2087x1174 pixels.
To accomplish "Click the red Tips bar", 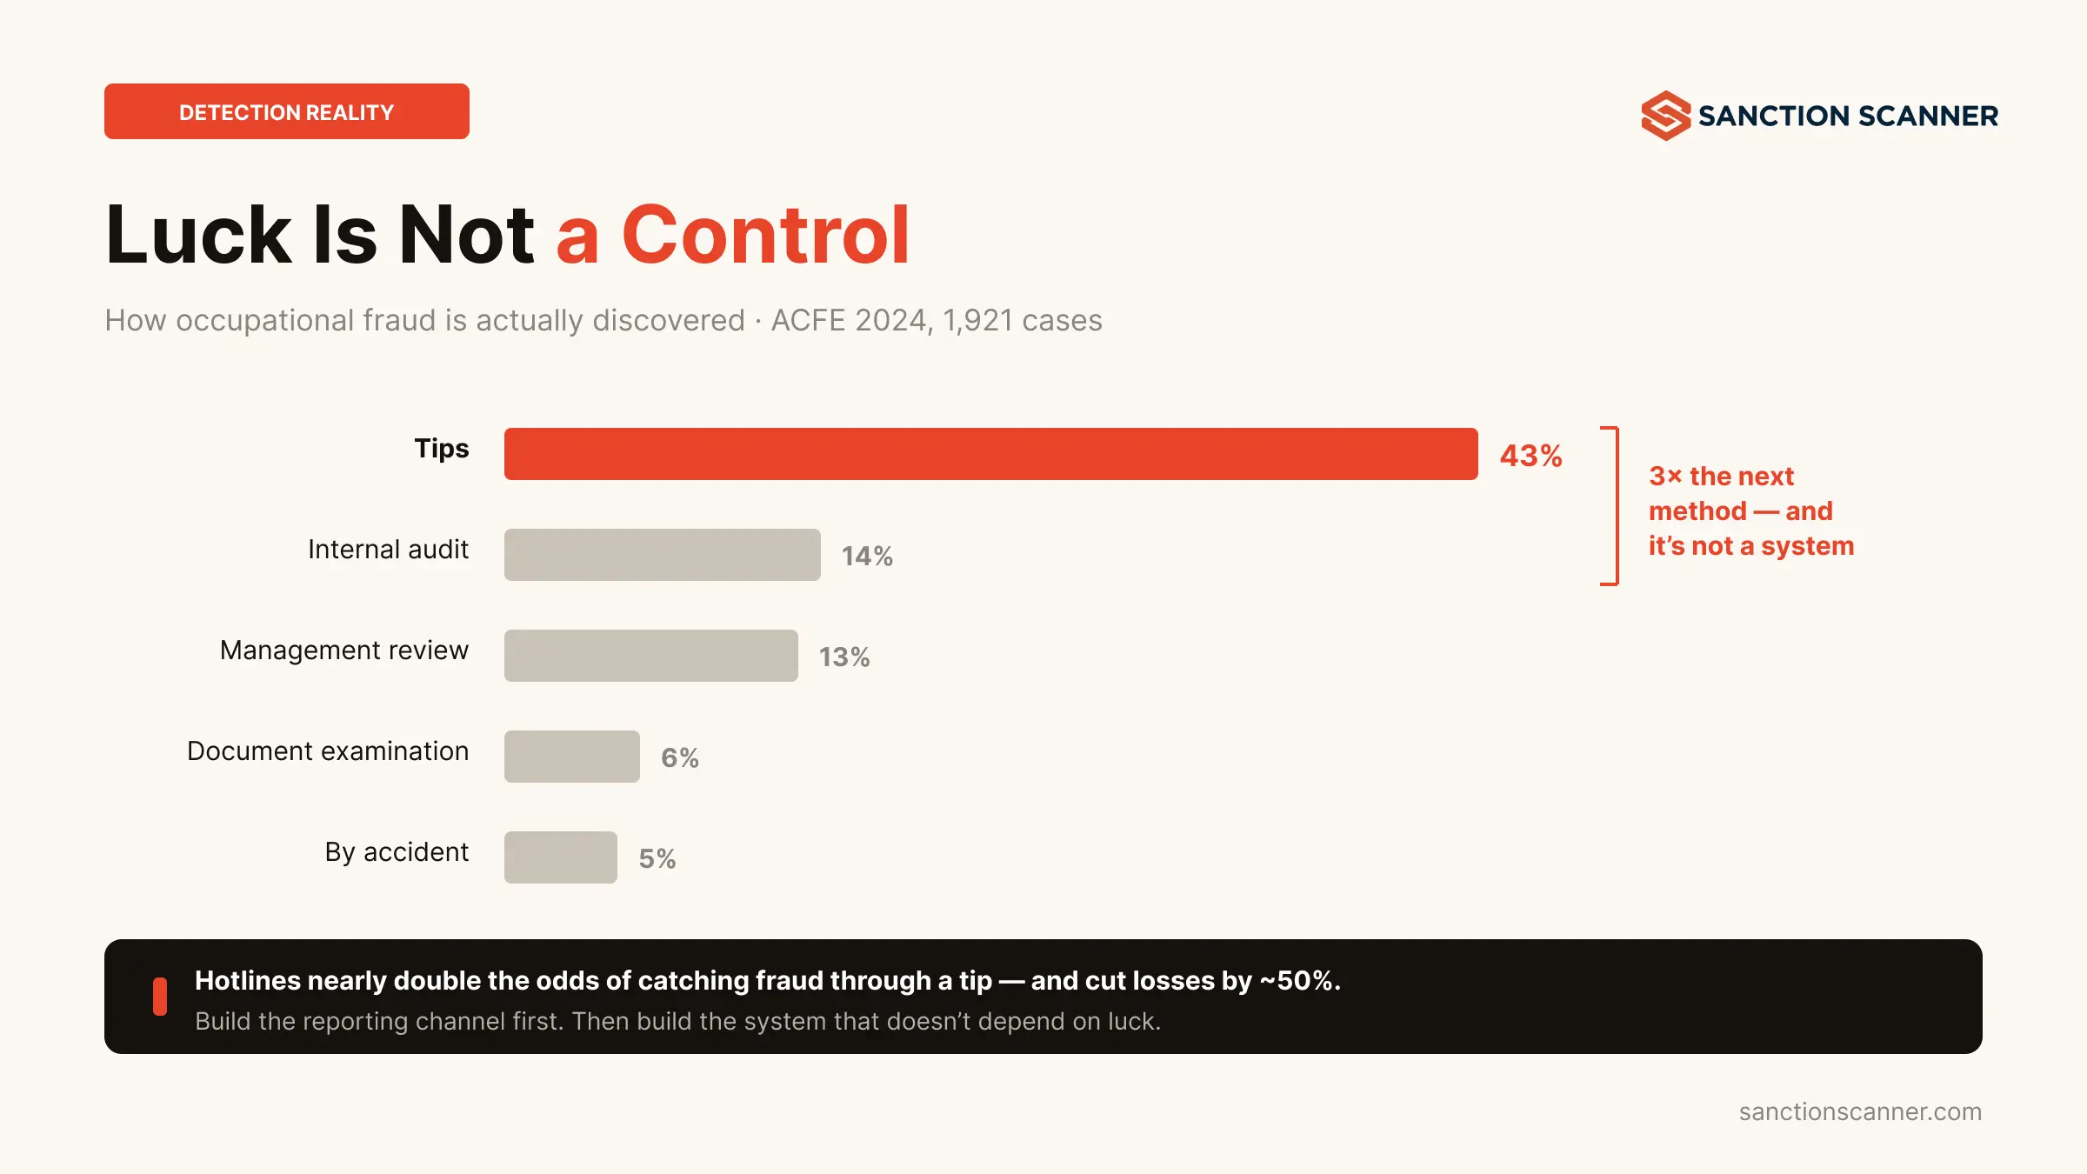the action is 991,454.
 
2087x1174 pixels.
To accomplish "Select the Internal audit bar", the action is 663,555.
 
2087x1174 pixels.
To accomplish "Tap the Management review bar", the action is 651,656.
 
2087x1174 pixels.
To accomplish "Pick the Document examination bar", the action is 572,757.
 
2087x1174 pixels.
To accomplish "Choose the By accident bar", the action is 561,857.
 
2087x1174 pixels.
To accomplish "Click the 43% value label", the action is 1531,456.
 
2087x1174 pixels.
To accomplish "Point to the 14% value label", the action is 867,556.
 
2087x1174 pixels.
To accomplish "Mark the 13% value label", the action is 844,657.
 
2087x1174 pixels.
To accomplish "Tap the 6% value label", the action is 680,757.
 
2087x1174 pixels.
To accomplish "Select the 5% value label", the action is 657,858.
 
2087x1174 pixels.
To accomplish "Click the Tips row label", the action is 442,450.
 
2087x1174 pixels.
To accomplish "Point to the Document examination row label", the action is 328,750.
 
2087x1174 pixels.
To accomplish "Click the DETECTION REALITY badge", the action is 287,111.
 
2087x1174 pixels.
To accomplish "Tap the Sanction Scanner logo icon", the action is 1666,116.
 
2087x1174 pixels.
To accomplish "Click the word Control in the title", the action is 766,235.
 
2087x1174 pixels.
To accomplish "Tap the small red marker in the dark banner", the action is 160,997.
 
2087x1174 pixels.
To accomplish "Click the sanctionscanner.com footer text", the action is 1860,1111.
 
